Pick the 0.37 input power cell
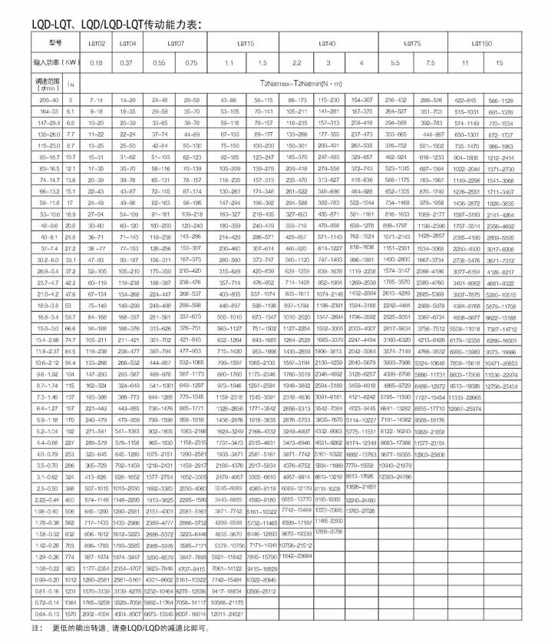click(130, 62)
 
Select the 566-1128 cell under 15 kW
click(511, 100)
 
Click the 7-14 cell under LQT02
click(96, 100)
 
